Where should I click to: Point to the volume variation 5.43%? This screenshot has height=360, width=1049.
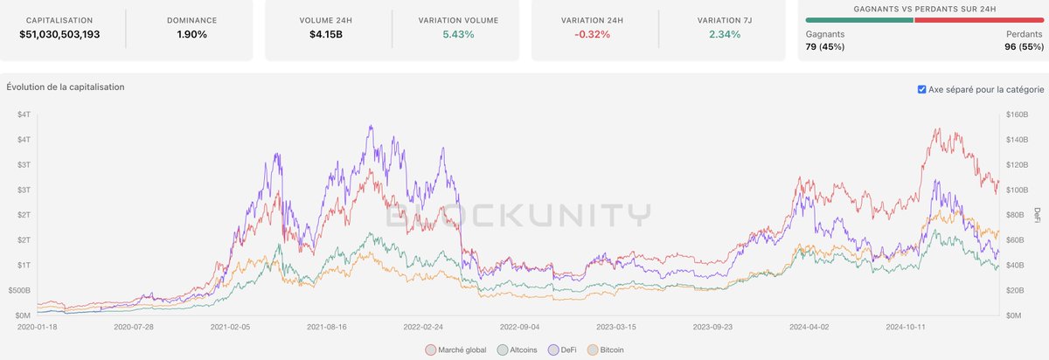459,35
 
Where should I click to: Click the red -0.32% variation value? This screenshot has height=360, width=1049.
593,35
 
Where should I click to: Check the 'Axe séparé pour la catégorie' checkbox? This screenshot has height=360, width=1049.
922,89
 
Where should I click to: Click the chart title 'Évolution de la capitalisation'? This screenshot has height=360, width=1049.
66,87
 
